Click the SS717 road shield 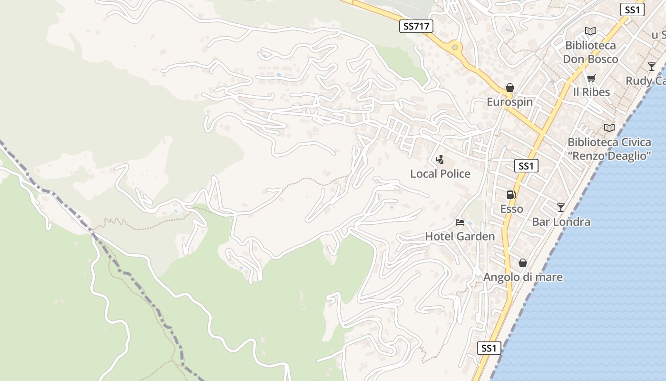416,27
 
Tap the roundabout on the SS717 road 455,47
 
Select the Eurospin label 509,102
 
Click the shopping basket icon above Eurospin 510,88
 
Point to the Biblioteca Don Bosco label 590,52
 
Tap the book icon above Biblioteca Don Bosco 590,31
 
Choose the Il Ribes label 591,92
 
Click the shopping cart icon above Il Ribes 591,78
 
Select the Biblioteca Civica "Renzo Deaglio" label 609,149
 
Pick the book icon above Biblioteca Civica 609,128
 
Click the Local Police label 440,174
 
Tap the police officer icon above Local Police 440,160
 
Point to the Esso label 511,209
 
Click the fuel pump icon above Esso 511,194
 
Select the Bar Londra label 561,222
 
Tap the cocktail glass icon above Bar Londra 561,207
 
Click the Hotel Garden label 460,236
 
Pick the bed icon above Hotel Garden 460,222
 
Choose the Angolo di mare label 523,277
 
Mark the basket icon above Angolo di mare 523,263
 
